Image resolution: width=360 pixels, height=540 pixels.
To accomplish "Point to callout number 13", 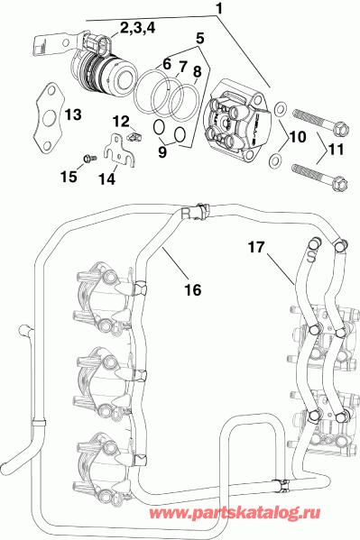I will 73,114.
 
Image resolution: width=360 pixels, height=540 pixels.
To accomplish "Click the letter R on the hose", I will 186,214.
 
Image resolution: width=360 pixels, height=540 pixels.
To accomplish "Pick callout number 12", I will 121,121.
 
